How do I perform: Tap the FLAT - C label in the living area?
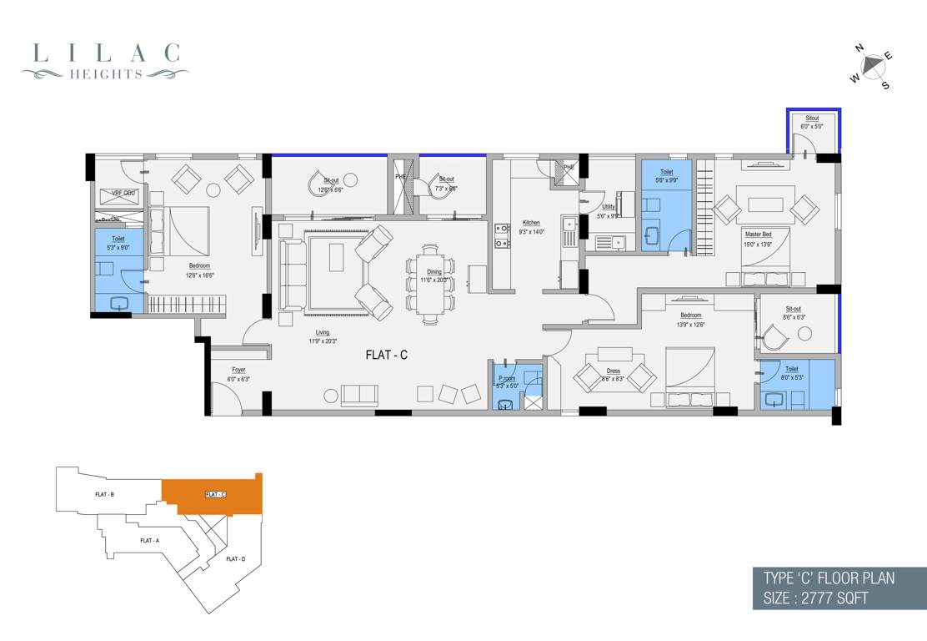click(x=386, y=355)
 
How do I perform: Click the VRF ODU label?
click(x=117, y=193)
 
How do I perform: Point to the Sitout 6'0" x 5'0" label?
click(x=810, y=123)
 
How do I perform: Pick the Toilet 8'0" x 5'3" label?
click(x=791, y=373)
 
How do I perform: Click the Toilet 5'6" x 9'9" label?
click(x=665, y=176)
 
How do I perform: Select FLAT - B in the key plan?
click(x=104, y=495)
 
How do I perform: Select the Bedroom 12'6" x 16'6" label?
click(x=200, y=270)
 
